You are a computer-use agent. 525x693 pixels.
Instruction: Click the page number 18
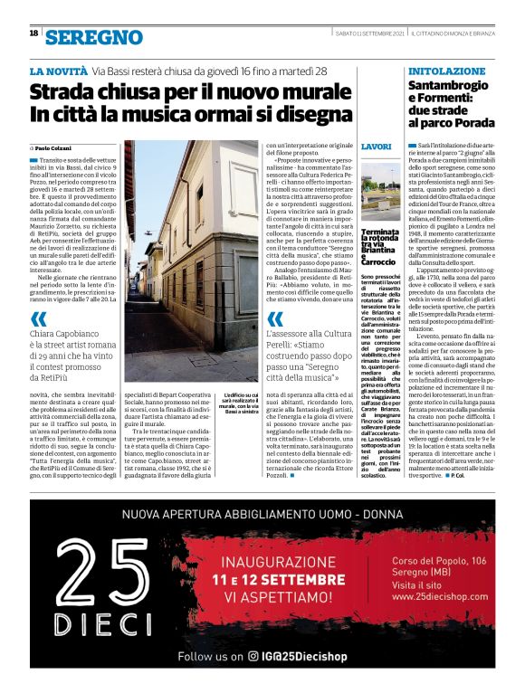pyautogui.click(x=34, y=33)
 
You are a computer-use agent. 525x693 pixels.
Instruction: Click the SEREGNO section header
pyautogui.click(x=94, y=36)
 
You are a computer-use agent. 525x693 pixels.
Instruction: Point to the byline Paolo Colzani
pyautogui.click(x=53, y=147)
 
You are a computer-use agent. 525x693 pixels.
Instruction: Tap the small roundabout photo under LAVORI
pyautogui.click(x=380, y=192)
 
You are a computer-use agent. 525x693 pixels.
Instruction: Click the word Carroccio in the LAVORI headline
pyautogui.click(x=377, y=261)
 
